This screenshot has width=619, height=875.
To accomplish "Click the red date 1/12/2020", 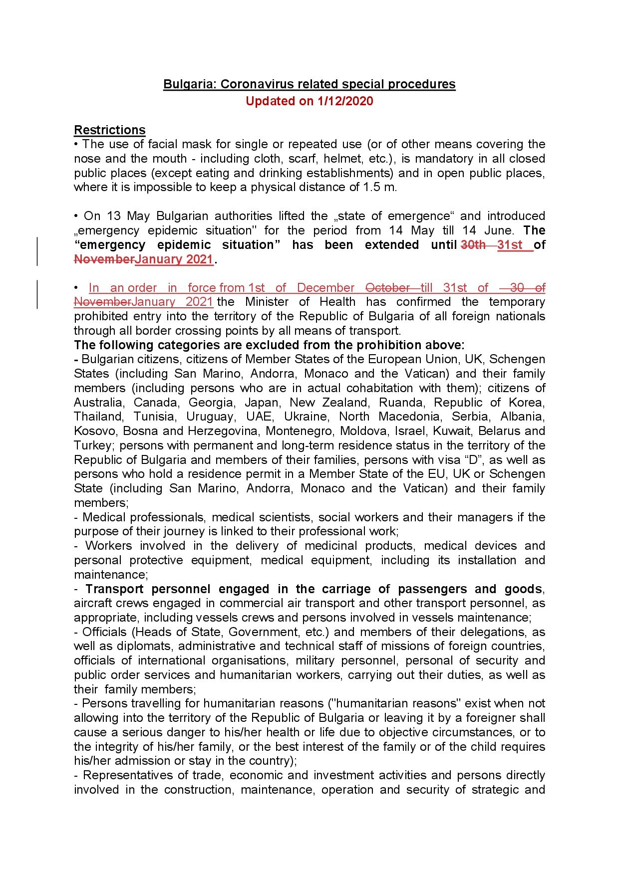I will point(345,101).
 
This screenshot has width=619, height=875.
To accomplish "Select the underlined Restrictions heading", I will point(110,130).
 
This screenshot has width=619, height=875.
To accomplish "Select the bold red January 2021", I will point(174,259).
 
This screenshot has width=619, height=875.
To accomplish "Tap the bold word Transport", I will point(114,589).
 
